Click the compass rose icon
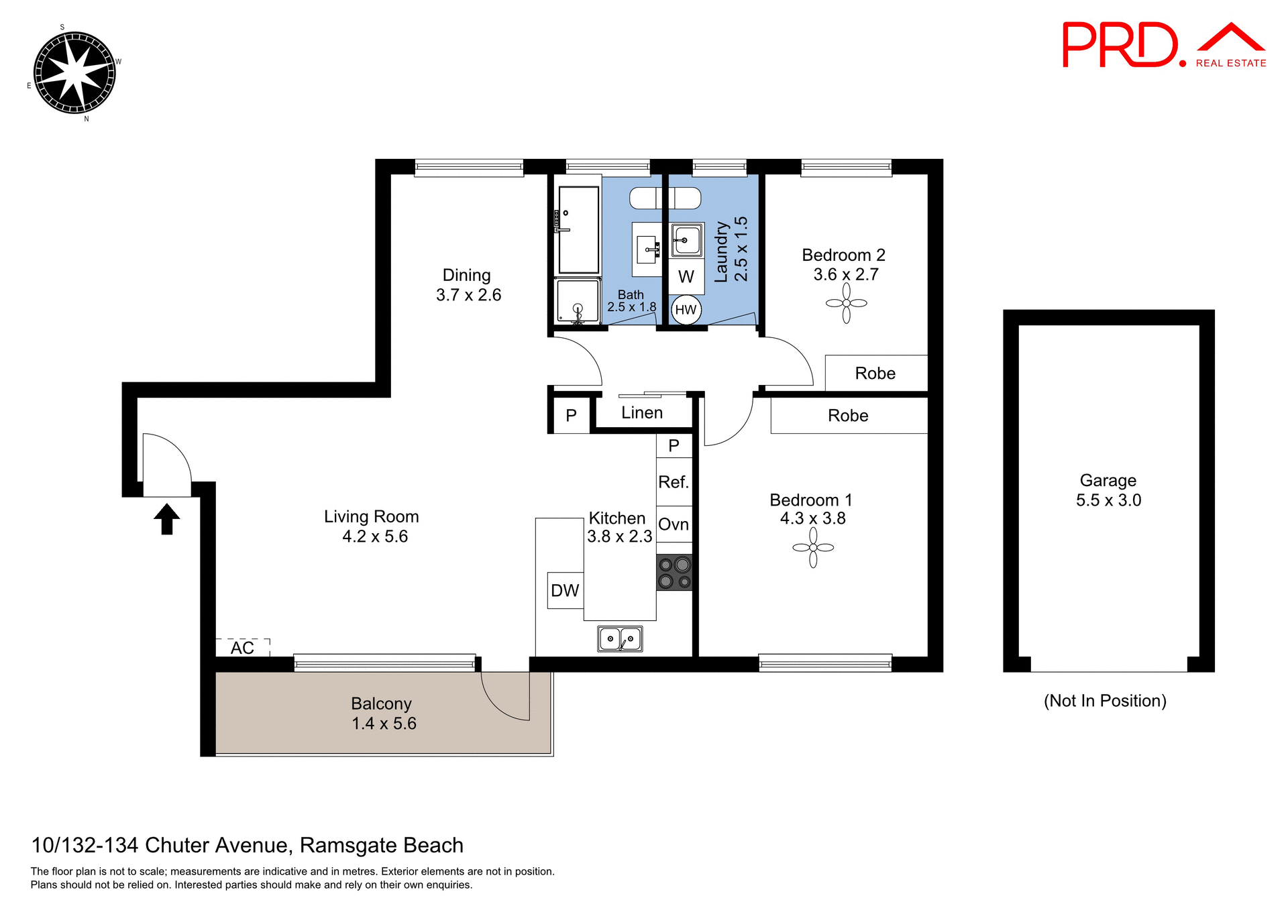click(x=74, y=72)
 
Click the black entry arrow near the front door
click(x=167, y=519)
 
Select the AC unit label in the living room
click(x=242, y=648)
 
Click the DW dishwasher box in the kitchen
click(x=565, y=590)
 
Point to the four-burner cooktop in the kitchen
click(x=674, y=573)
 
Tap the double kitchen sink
click(x=620, y=639)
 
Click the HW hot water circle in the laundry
click(x=686, y=310)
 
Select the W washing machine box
click(x=686, y=276)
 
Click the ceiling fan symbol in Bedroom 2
click(x=846, y=303)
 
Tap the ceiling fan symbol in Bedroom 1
click(x=813, y=547)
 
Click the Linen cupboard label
click(x=642, y=413)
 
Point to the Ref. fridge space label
click(x=674, y=482)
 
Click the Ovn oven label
click(x=674, y=524)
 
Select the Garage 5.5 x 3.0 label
click(x=1108, y=490)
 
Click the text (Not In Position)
click(x=1105, y=701)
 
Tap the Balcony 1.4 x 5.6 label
click(x=383, y=714)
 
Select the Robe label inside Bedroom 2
click(x=875, y=374)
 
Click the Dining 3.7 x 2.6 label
click(x=468, y=285)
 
